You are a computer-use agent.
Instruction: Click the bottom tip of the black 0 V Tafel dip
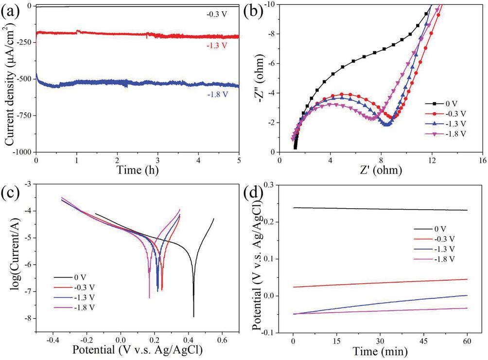point(193,317)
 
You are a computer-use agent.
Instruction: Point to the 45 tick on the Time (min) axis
point(423,339)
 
